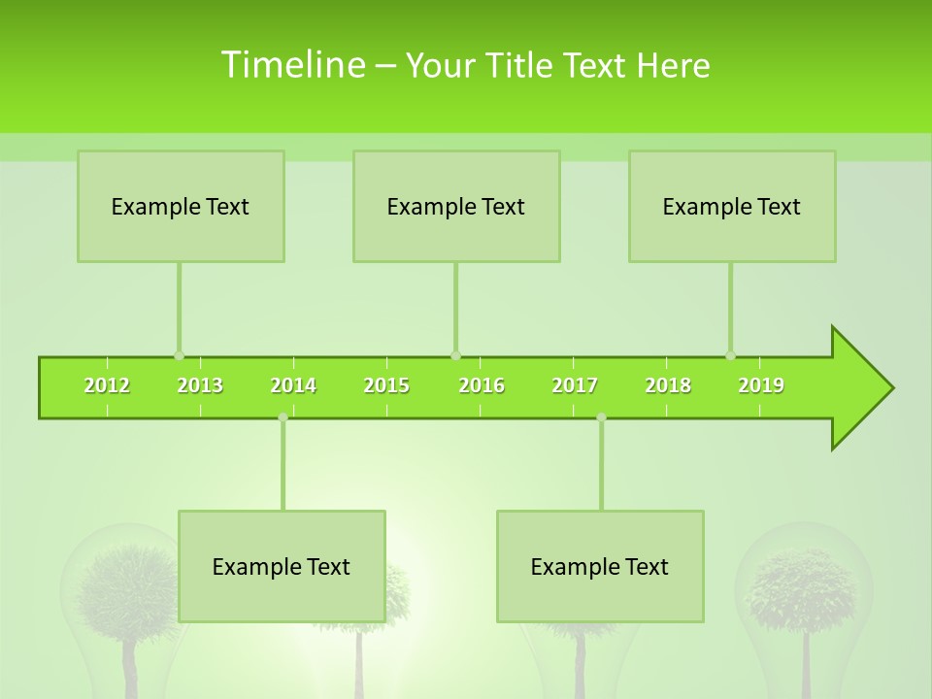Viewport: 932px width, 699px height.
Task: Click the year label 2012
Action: click(107, 386)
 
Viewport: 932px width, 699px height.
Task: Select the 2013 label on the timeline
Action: click(200, 386)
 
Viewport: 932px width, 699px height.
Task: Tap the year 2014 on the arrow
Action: click(293, 386)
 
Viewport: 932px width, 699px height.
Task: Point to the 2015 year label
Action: click(386, 386)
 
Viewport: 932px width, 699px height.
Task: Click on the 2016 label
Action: click(482, 386)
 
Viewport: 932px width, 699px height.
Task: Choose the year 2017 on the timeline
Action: click(575, 386)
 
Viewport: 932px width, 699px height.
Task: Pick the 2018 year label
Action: click(668, 386)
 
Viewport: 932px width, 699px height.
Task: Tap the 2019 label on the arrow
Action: click(761, 386)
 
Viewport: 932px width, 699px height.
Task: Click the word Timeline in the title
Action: click(291, 65)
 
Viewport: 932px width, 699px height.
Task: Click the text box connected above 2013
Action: click(181, 206)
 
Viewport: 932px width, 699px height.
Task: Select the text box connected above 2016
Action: click(456, 206)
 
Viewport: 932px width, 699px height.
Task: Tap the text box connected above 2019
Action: click(732, 206)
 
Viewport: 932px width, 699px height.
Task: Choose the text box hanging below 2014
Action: click(282, 566)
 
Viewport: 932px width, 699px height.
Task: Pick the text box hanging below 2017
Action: click(600, 566)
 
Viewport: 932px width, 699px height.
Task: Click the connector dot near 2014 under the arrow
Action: click(283, 417)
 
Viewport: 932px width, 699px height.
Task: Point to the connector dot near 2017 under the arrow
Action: click(601, 417)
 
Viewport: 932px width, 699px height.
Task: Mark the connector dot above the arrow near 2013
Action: click(179, 355)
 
